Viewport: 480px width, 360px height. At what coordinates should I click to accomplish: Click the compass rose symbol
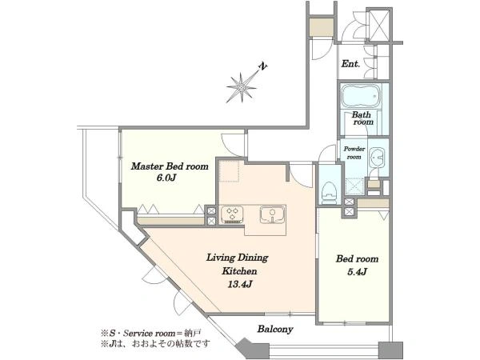click(x=242, y=87)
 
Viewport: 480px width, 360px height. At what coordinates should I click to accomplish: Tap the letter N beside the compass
click(x=263, y=66)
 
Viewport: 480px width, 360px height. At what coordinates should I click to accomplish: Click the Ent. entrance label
click(x=351, y=64)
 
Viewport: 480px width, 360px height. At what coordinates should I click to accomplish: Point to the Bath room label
click(x=362, y=118)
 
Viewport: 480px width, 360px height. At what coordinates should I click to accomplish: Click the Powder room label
click(x=354, y=153)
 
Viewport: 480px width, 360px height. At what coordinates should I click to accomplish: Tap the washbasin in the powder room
click(x=377, y=158)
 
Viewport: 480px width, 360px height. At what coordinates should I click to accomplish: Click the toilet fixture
click(x=330, y=193)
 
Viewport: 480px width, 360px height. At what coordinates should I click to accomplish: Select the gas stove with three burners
click(x=232, y=214)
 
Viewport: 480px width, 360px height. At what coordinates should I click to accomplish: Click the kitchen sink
click(x=273, y=214)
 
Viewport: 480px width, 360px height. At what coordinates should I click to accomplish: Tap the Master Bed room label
click(x=170, y=166)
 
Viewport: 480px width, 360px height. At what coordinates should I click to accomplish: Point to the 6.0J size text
click(x=166, y=178)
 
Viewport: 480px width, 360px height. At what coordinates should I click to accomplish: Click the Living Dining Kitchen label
click(x=238, y=264)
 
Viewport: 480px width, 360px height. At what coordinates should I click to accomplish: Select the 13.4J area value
click(x=240, y=284)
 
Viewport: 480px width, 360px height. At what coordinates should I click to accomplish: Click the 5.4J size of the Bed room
click(x=357, y=271)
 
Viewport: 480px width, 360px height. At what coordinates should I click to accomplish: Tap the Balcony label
click(x=275, y=329)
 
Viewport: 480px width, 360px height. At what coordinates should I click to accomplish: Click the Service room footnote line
click(x=151, y=332)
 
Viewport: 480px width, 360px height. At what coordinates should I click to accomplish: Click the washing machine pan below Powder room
click(x=354, y=186)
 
